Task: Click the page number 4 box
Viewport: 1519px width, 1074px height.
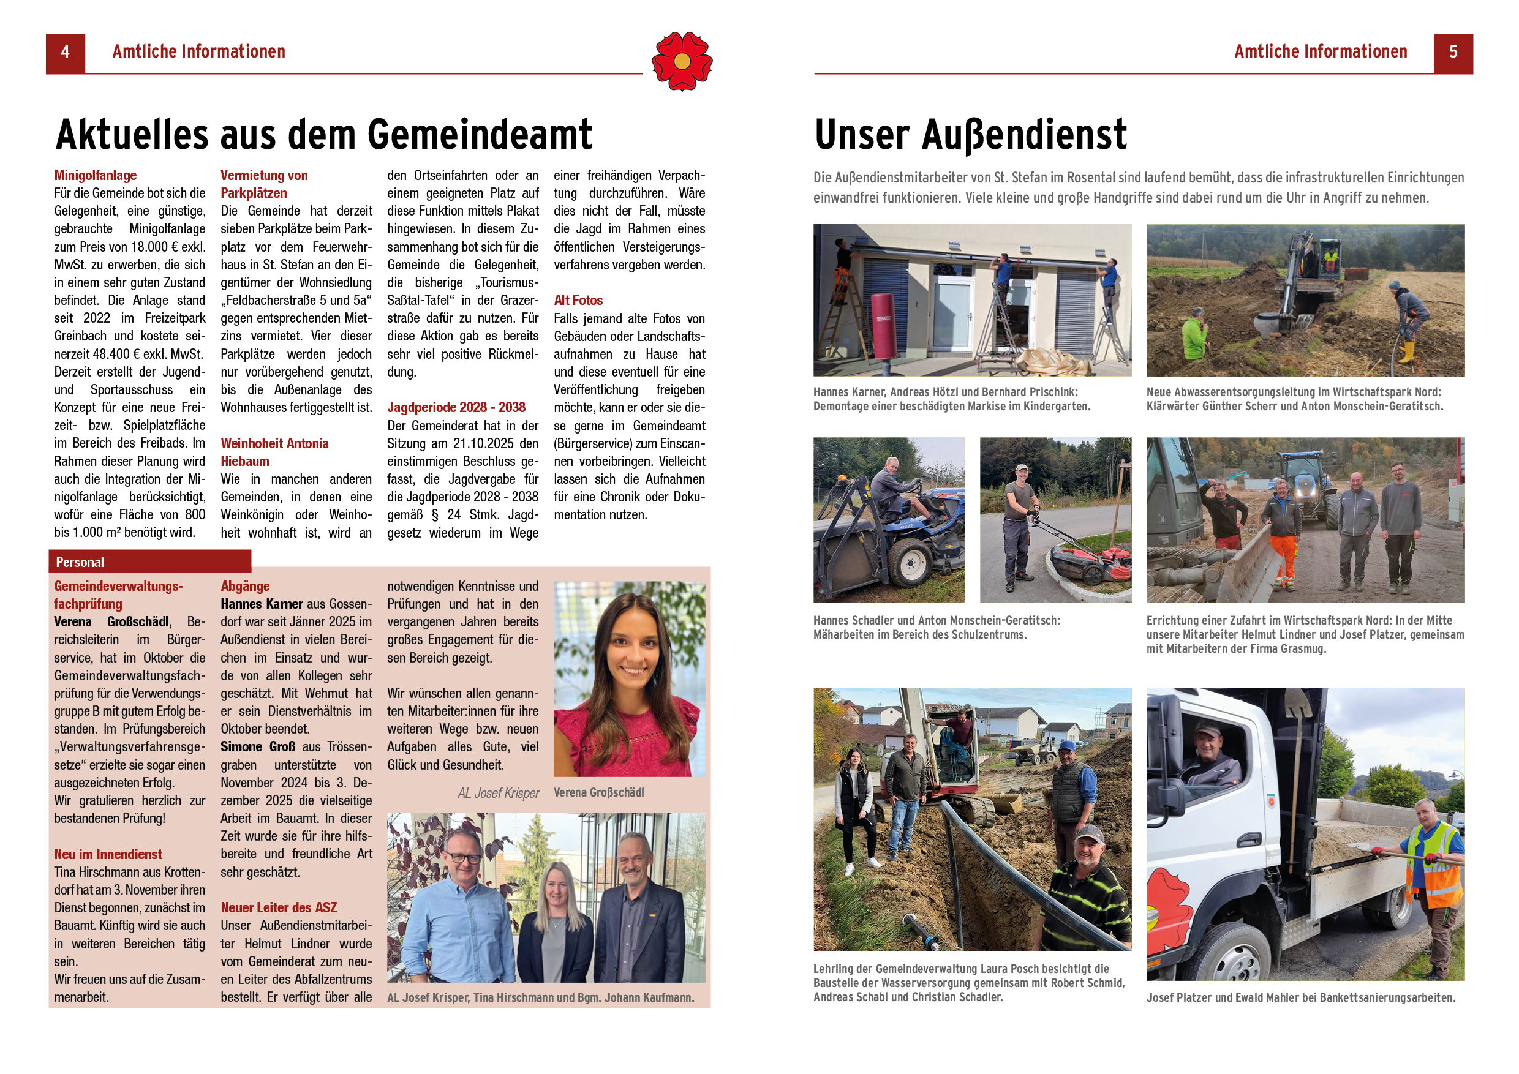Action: coord(65,53)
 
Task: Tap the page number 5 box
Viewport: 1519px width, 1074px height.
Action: coord(1453,53)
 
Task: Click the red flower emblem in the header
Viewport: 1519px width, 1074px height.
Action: coord(682,61)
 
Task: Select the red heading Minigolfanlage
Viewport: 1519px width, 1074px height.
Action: coord(96,175)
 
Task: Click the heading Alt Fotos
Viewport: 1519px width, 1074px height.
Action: coord(578,300)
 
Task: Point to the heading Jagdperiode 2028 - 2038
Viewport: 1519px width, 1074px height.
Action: coord(456,407)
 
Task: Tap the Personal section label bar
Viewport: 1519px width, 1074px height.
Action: coord(149,561)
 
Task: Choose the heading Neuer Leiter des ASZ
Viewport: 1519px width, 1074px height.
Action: coord(279,907)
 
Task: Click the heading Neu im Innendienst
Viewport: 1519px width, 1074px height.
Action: coord(108,854)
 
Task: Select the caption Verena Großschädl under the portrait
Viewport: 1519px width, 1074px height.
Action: coord(598,792)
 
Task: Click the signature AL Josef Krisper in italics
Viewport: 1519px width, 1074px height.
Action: coord(498,793)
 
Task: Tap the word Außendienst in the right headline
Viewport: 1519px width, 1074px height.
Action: coord(1023,135)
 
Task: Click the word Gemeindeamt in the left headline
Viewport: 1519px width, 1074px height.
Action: coord(480,135)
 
